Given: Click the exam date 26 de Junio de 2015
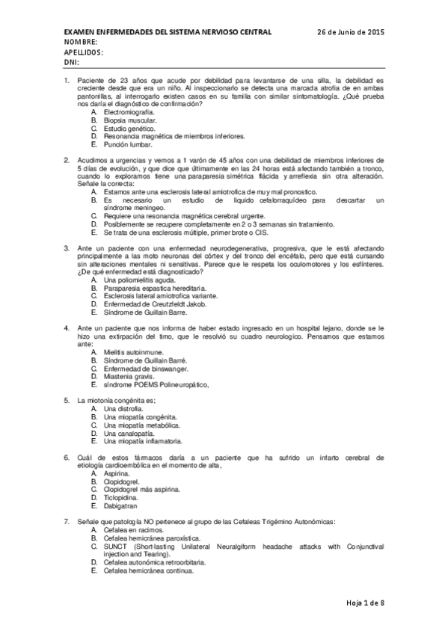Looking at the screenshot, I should (350, 33).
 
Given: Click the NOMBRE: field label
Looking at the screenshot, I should (82, 43).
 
